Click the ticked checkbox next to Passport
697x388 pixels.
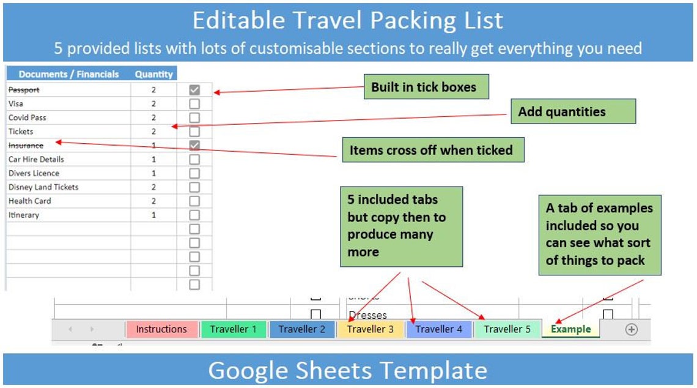point(194,90)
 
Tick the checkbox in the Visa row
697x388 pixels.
point(194,104)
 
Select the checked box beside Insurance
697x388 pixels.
point(194,146)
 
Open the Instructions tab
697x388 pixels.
point(161,329)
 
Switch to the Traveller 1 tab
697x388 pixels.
point(234,329)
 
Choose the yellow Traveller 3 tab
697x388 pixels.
point(371,329)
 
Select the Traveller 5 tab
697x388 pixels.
point(507,329)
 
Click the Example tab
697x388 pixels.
point(571,329)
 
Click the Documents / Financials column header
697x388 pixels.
point(68,74)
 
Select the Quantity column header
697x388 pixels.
point(154,74)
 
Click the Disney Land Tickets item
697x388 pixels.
point(43,187)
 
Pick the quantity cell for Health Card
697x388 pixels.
point(153,201)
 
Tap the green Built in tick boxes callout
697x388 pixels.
point(424,87)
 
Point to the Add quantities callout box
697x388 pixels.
point(562,111)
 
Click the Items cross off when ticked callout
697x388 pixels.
point(431,150)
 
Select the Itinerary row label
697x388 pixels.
point(24,215)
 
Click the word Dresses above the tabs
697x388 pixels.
point(367,315)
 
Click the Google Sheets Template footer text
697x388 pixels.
point(348,370)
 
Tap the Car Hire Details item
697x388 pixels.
point(36,160)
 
